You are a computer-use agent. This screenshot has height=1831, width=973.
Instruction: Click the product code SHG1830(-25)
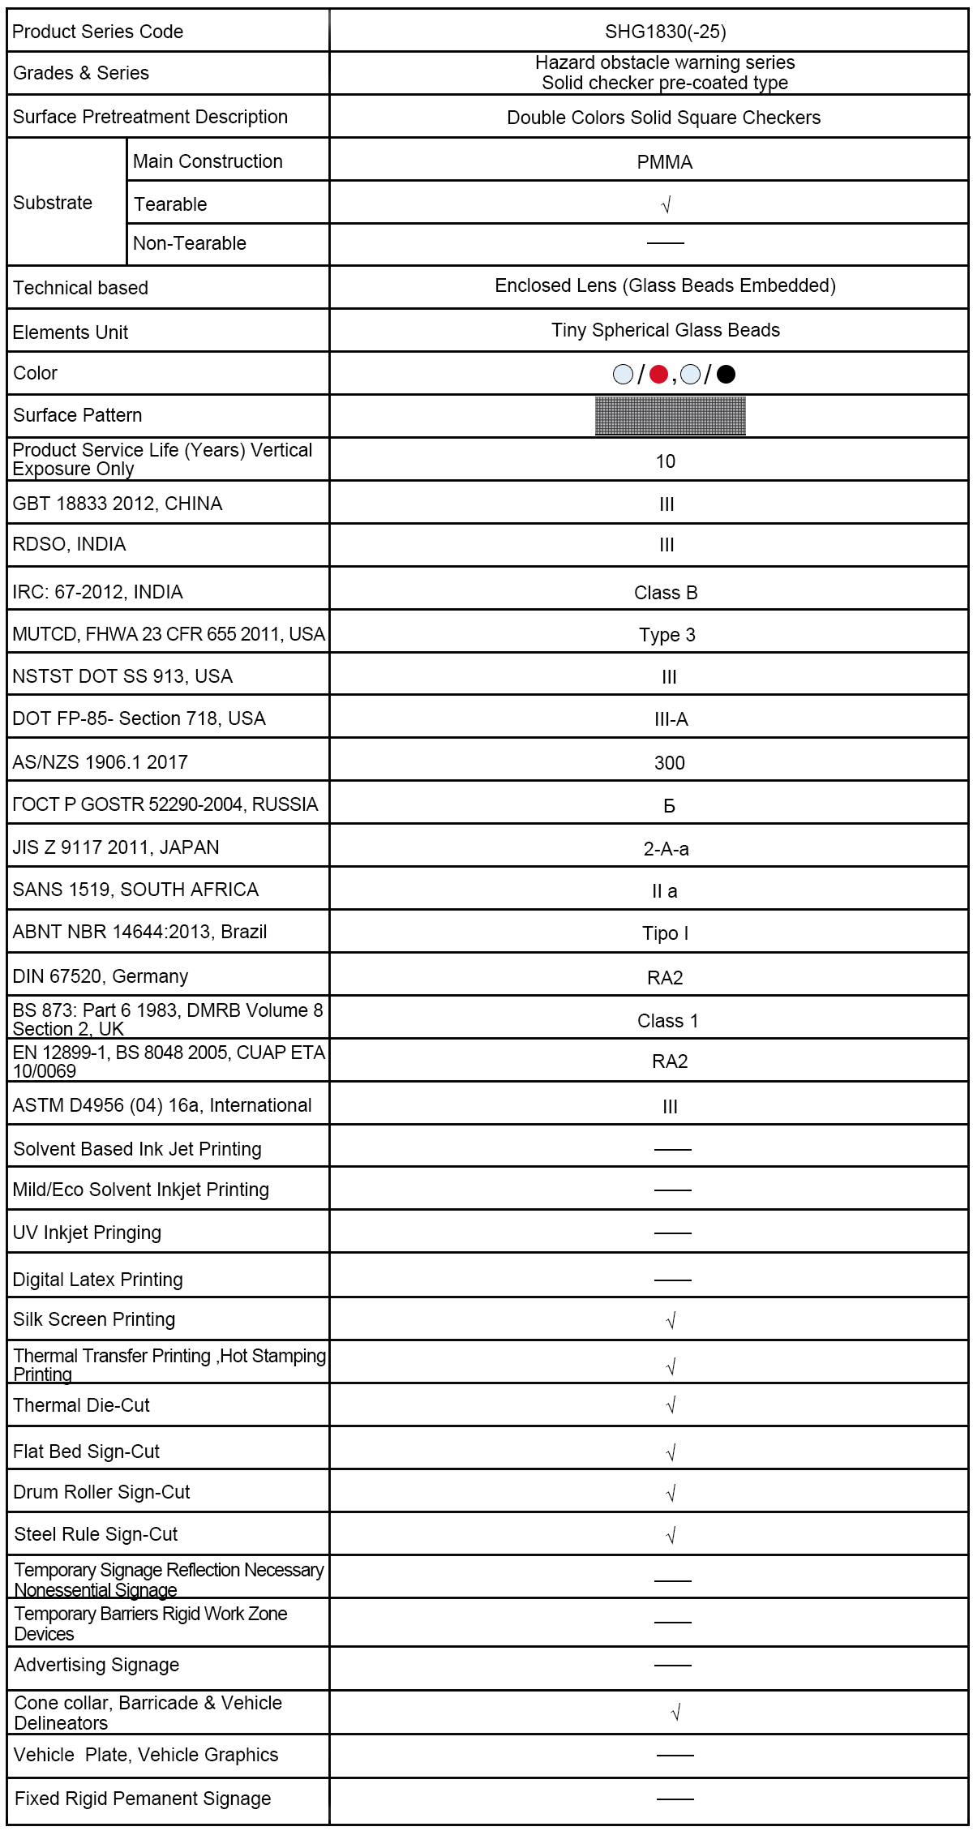(665, 32)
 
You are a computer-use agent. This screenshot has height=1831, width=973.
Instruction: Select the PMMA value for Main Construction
(664, 162)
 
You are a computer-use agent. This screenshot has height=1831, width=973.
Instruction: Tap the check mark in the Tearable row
(667, 205)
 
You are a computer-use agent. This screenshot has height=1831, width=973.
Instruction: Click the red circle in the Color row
(658, 374)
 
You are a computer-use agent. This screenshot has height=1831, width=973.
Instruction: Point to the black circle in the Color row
(727, 374)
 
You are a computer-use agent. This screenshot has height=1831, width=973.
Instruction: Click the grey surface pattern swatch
(670, 416)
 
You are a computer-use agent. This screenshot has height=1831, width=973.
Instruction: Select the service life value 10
(665, 461)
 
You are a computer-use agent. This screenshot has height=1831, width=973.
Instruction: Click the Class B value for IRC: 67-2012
(666, 593)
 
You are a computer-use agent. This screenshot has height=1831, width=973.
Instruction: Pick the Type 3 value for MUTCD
(667, 635)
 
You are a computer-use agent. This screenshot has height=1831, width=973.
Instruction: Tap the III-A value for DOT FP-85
(671, 719)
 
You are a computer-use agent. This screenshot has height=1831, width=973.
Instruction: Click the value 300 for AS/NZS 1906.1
(669, 763)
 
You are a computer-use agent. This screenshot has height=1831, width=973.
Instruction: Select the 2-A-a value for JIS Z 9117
(666, 849)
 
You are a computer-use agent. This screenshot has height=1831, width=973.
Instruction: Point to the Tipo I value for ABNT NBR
(665, 933)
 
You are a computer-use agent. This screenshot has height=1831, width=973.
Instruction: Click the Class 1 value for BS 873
(667, 1021)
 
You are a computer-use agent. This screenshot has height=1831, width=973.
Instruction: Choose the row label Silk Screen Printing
(94, 1319)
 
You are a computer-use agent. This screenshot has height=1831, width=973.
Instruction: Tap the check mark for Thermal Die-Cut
(671, 1405)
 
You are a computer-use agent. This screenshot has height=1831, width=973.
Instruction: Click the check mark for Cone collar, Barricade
(675, 1712)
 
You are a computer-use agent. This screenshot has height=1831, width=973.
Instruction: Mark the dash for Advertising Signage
(672, 1665)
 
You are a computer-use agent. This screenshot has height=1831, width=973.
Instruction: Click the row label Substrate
(53, 203)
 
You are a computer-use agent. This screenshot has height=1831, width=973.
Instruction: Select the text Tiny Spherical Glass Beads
(665, 330)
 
